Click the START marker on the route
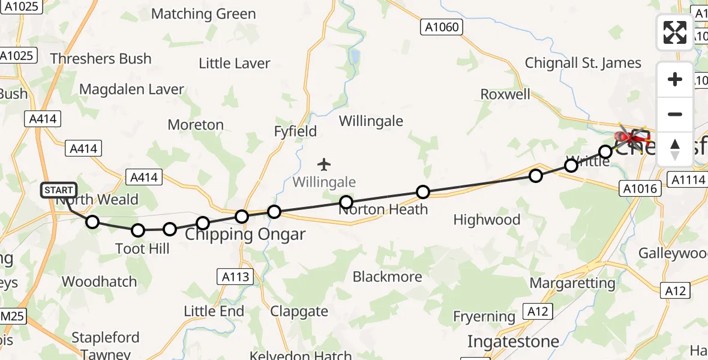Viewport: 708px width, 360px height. (59, 190)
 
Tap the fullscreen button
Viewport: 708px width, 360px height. (675, 32)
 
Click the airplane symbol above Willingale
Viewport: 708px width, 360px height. (324, 164)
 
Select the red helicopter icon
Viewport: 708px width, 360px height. (630, 139)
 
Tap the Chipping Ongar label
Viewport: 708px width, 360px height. (245, 234)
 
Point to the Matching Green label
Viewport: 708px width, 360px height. (203, 14)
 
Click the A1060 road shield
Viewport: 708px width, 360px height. (442, 27)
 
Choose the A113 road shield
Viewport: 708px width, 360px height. (235, 277)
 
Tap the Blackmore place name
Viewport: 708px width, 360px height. (388, 277)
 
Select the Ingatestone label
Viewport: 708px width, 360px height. (513, 341)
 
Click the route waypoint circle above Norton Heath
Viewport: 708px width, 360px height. (346, 202)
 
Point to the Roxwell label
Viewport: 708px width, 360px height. (505, 94)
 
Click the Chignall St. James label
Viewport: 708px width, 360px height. (583, 63)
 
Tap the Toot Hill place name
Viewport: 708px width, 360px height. (142, 248)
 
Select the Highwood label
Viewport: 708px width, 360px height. (487, 220)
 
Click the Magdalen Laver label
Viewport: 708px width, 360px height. (131, 89)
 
